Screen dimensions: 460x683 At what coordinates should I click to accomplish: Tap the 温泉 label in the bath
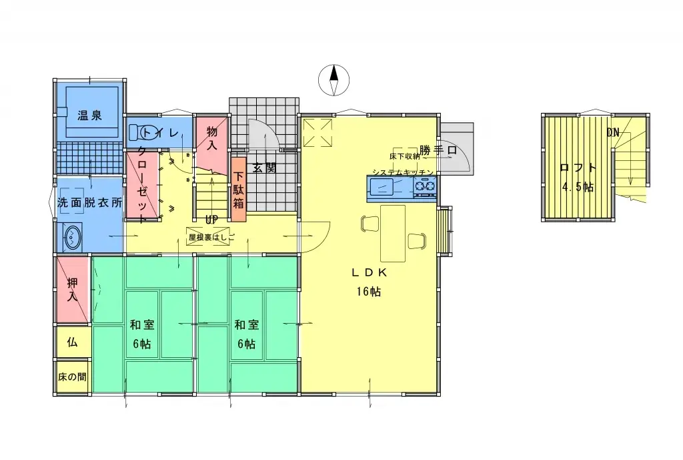[x=89, y=116]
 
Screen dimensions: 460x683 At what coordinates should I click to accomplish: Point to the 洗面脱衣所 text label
[x=89, y=203]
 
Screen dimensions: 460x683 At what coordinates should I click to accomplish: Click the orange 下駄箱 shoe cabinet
[x=239, y=189]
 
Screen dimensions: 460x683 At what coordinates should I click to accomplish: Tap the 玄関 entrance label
[x=264, y=168]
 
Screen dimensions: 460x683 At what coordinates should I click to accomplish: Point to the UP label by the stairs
[x=211, y=219]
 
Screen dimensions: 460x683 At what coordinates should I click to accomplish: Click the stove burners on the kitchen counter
[x=424, y=190]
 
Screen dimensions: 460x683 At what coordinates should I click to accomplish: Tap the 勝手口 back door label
[x=438, y=150]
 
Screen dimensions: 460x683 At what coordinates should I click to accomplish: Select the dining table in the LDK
[x=393, y=233]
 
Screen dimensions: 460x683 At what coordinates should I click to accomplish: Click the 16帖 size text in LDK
[x=368, y=292]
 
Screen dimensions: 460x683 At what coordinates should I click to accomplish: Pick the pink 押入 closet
[x=72, y=288]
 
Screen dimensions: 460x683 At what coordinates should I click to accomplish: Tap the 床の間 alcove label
[x=72, y=377]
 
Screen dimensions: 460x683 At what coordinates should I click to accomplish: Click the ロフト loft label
[x=577, y=168]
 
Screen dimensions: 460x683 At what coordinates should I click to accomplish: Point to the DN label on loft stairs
[x=613, y=132]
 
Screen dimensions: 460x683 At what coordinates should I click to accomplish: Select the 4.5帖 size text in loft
[x=577, y=187]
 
